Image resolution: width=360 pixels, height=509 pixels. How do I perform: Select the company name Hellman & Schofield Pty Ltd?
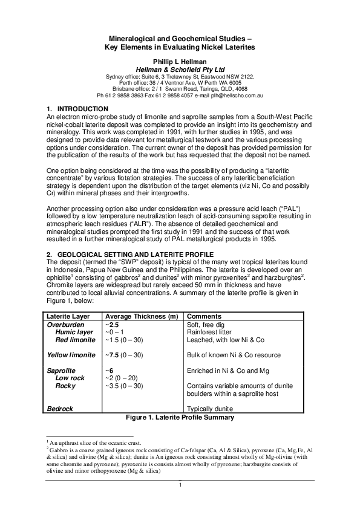180,70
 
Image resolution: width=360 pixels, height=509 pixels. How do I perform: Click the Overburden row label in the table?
65,325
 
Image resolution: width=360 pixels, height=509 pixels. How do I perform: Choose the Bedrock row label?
60,409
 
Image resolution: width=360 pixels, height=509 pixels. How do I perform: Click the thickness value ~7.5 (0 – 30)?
125,355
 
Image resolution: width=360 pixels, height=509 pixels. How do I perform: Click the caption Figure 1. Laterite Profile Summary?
180,417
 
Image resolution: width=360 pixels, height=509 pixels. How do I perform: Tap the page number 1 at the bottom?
180,485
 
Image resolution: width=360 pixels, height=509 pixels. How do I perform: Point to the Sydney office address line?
180,77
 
